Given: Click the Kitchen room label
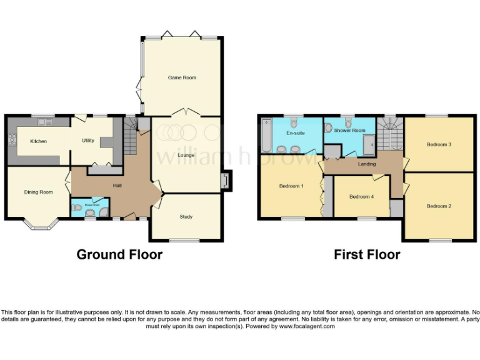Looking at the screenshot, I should point(39,141).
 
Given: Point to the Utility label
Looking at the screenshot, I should point(88,141).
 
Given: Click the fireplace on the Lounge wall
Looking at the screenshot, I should point(225,181).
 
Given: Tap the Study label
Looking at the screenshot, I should point(186,217).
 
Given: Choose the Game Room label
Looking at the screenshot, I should point(182,77).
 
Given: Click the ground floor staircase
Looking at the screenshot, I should point(130,138).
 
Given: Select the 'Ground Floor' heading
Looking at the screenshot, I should point(119,254).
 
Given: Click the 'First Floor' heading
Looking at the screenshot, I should point(367,254).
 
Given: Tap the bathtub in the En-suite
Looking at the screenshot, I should point(266,136).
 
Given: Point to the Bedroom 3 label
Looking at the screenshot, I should point(439,144).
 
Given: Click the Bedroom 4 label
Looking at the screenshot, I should point(361,197).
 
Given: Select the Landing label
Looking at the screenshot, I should point(366,164).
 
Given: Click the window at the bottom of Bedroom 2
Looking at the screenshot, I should point(439,240).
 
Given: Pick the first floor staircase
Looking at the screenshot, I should point(390,134).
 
